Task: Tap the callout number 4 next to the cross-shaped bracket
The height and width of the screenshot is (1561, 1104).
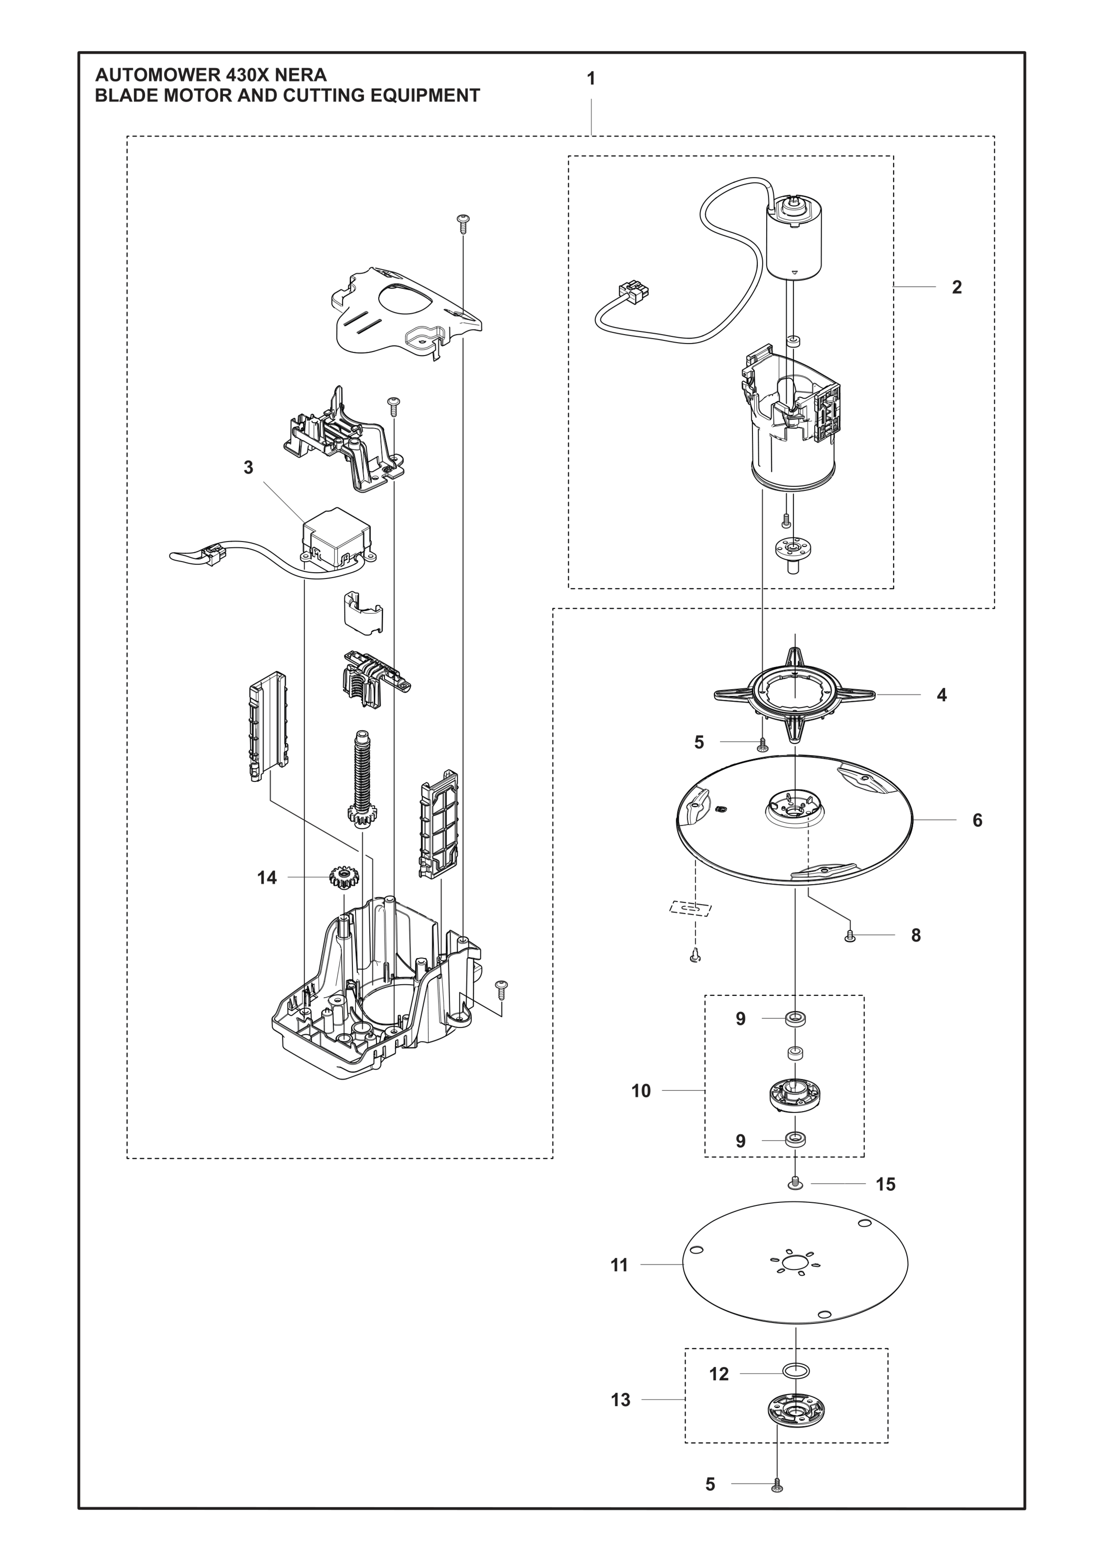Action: tap(942, 695)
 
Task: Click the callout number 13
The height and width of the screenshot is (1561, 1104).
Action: tap(620, 1400)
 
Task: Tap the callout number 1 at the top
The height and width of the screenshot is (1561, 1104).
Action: tap(591, 79)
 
